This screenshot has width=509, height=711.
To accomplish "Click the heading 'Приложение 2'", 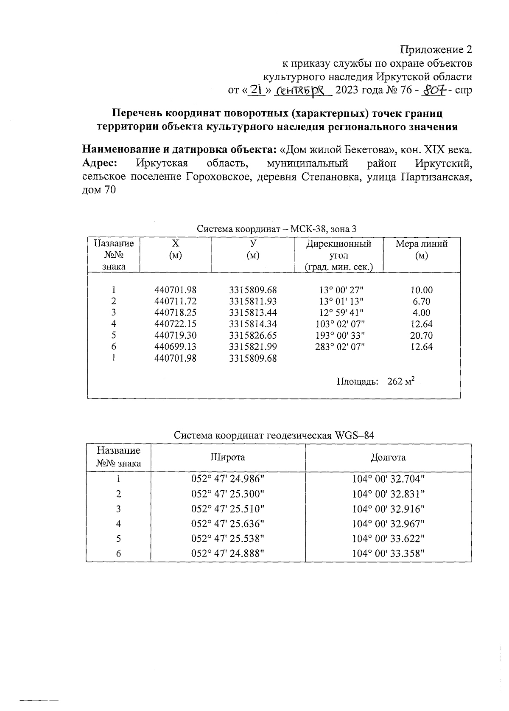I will pyautogui.click(x=436, y=50).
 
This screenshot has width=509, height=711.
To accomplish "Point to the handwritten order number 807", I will pyautogui.click(x=434, y=90).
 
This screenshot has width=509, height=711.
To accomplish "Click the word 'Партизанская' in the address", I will pyautogui.click(x=436, y=177).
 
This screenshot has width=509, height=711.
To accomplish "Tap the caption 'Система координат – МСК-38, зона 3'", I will pyautogui.click(x=276, y=229).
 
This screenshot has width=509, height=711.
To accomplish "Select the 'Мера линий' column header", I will pyautogui.click(x=421, y=244).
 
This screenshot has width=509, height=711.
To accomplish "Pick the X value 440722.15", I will pyautogui.click(x=175, y=324).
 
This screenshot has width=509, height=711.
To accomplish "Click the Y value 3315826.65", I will pyautogui.click(x=252, y=335).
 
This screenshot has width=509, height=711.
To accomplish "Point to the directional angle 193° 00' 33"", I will pyautogui.click(x=340, y=335).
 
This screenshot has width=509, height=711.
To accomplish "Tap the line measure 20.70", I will pyautogui.click(x=421, y=335).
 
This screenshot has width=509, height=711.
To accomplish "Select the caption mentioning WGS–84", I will pyautogui.click(x=274, y=436).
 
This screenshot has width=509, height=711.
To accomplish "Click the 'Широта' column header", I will pyautogui.click(x=228, y=457).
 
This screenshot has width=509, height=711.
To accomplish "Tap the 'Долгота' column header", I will pyautogui.click(x=388, y=457).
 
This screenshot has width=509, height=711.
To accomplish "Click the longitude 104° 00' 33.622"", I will pyautogui.click(x=388, y=538).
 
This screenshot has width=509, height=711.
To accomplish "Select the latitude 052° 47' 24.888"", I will pyautogui.click(x=228, y=553).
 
